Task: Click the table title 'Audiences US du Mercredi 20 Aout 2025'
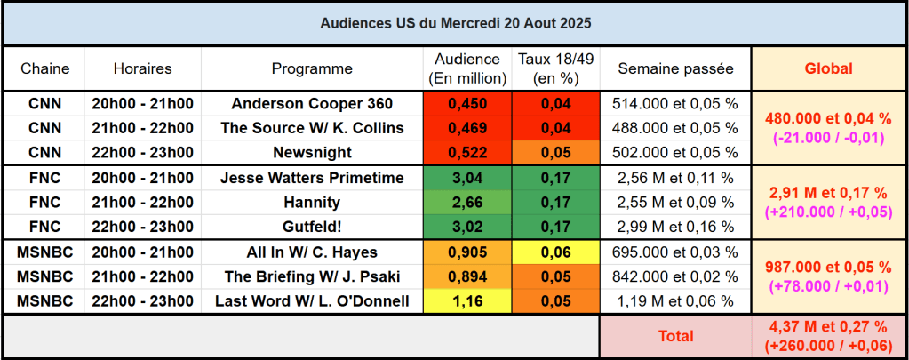coord(454,22)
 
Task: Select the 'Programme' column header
coord(312,68)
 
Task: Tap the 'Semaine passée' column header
coord(675,68)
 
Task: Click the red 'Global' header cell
coord(828,68)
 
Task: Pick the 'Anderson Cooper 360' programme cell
coord(312,103)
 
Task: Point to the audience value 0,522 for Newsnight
coord(467,152)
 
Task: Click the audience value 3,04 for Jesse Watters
coord(467,178)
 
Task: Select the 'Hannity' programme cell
coord(312,202)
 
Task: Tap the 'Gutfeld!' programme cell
coord(312,227)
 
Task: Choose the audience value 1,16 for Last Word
coord(467,301)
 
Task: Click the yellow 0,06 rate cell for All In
coord(556,252)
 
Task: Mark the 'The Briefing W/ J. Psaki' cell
coord(312,276)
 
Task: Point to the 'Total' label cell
coord(675,336)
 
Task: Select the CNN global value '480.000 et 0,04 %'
coord(828,118)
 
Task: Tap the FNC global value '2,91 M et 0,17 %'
coord(828,193)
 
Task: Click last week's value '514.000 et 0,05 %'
coord(675,103)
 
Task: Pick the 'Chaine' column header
coord(44,68)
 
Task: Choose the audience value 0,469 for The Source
coord(467,128)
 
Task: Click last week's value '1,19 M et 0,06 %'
coord(675,301)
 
